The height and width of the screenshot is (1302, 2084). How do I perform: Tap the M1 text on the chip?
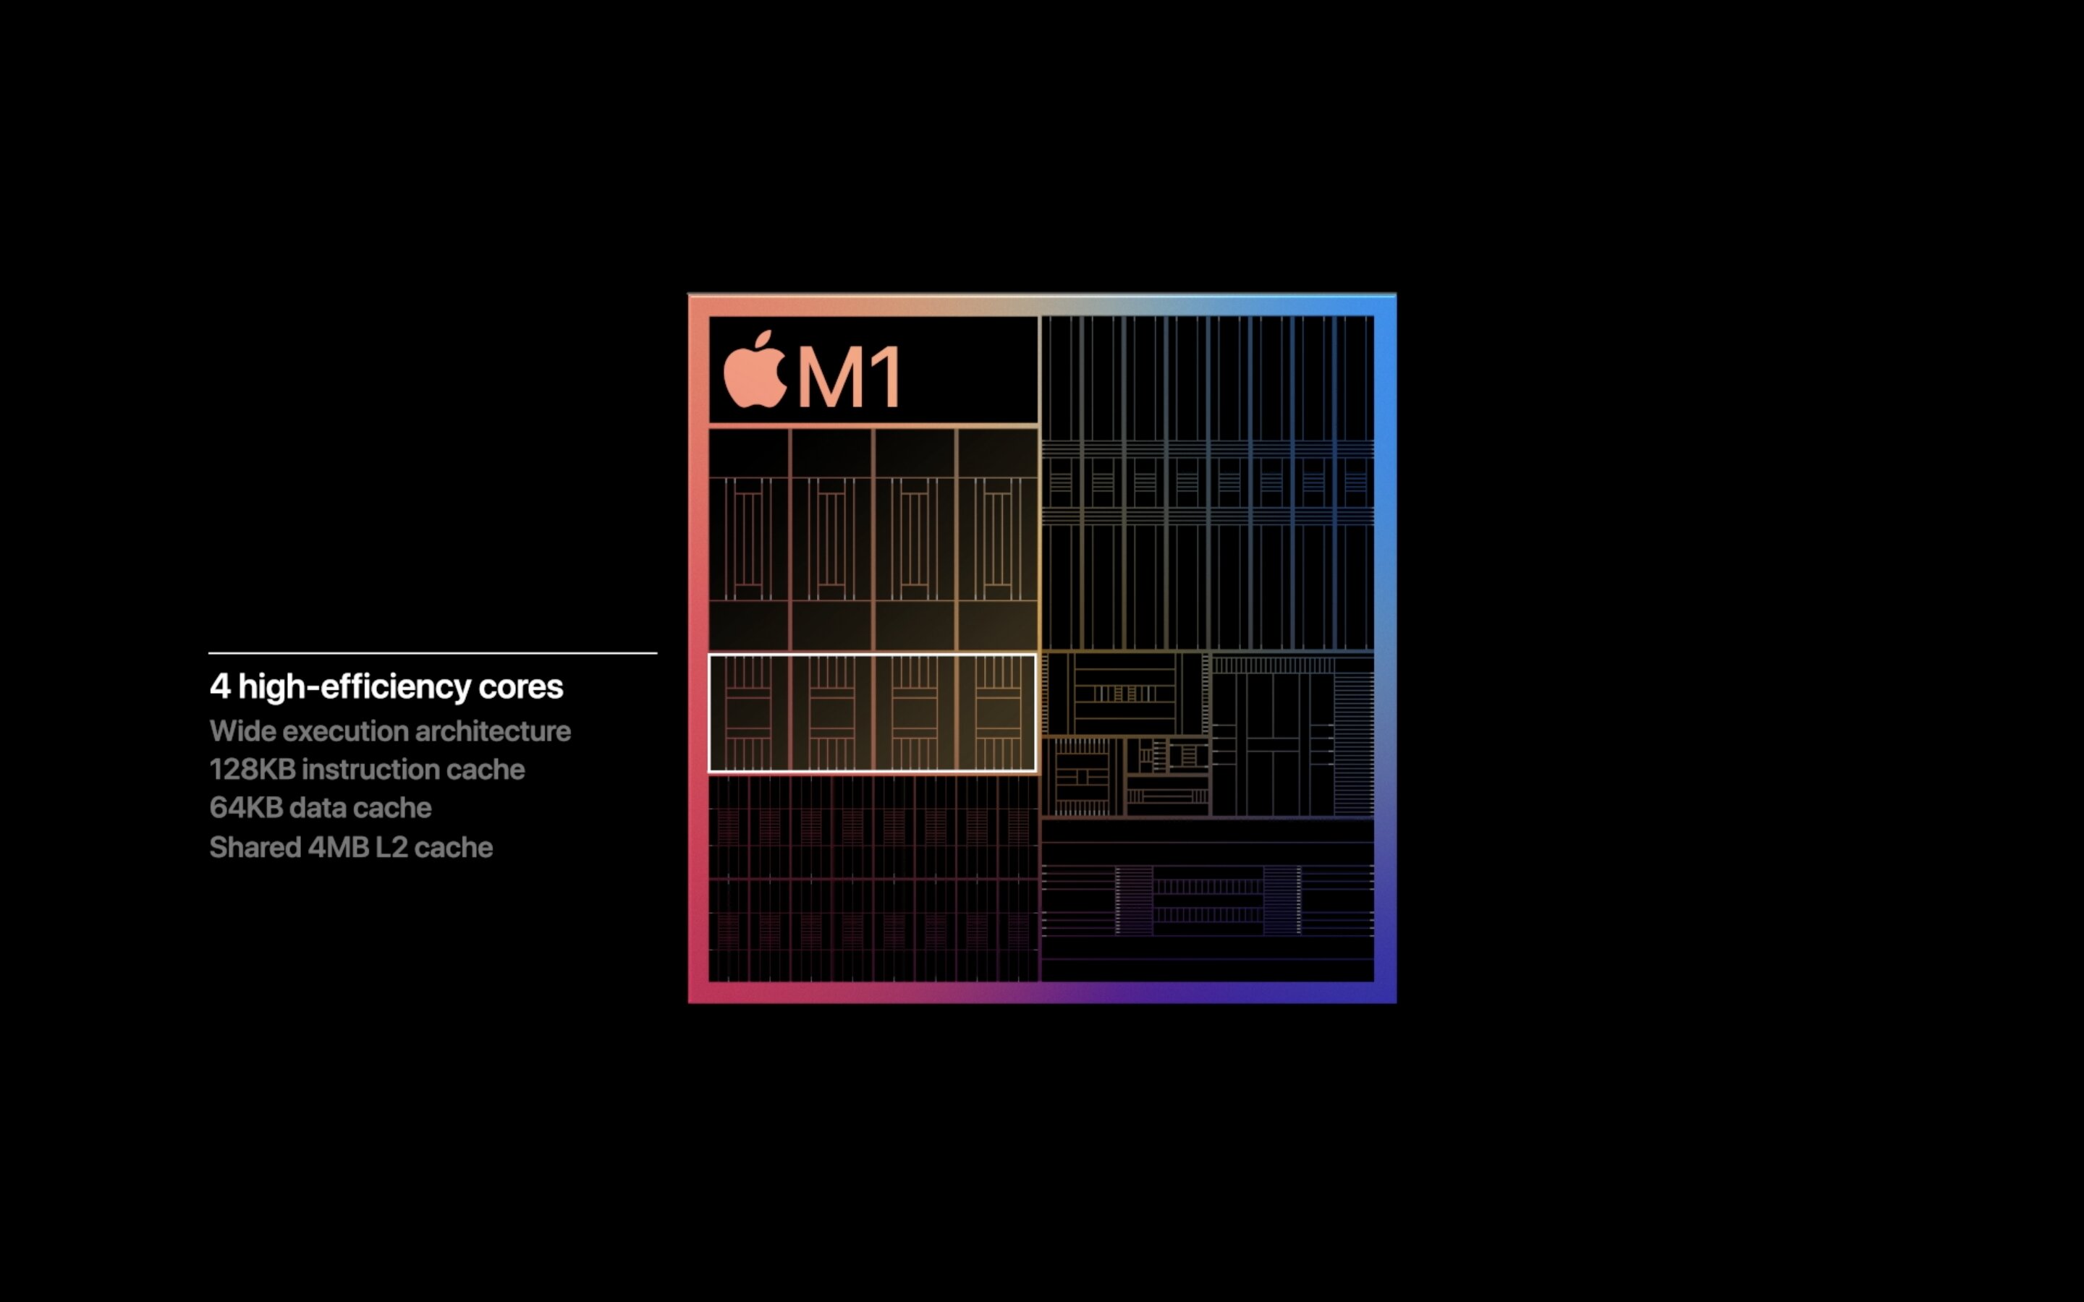click(x=849, y=377)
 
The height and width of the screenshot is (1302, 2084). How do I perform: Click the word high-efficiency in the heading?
click(x=354, y=687)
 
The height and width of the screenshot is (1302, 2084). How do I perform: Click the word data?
click(x=317, y=808)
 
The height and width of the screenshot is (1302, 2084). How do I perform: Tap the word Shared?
click(x=255, y=847)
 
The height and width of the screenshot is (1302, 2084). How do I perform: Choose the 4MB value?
click(x=339, y=847)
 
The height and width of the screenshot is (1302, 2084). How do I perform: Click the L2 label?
click(x=391, y=847)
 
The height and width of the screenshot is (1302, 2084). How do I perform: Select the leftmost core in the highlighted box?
click(x=748, y=713)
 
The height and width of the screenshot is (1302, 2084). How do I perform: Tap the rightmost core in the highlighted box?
click(x=996, y=713)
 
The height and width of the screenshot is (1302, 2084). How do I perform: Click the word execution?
click(x=344, y=731)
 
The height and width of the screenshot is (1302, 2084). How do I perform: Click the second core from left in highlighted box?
click(x=831, y=713)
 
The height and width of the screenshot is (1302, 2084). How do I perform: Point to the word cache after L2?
click(x=453, y=847)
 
